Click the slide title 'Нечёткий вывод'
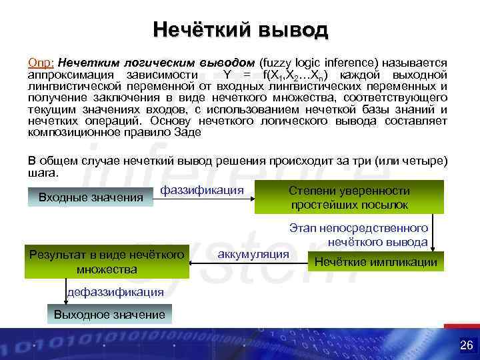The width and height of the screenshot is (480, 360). coord(240,30)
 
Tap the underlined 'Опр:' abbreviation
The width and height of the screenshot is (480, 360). coord(42,63)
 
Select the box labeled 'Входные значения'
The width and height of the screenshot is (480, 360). coord(91,197)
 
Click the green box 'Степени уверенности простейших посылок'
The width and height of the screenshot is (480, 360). coord(349,197)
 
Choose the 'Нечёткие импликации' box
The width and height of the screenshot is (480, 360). coord(375,262)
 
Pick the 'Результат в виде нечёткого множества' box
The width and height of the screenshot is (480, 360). coord(107,261)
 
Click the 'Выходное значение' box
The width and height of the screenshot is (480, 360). coord(109,314)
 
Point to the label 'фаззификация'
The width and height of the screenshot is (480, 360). coord(202,191)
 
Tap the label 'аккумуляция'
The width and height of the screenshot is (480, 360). coord(253,254)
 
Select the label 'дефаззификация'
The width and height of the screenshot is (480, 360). coord(115,291)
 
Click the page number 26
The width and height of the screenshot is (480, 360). coord(466,345)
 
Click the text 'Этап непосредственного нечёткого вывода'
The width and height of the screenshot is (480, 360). coord(359,235)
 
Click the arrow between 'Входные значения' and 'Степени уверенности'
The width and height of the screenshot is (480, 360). coord(204,197)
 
